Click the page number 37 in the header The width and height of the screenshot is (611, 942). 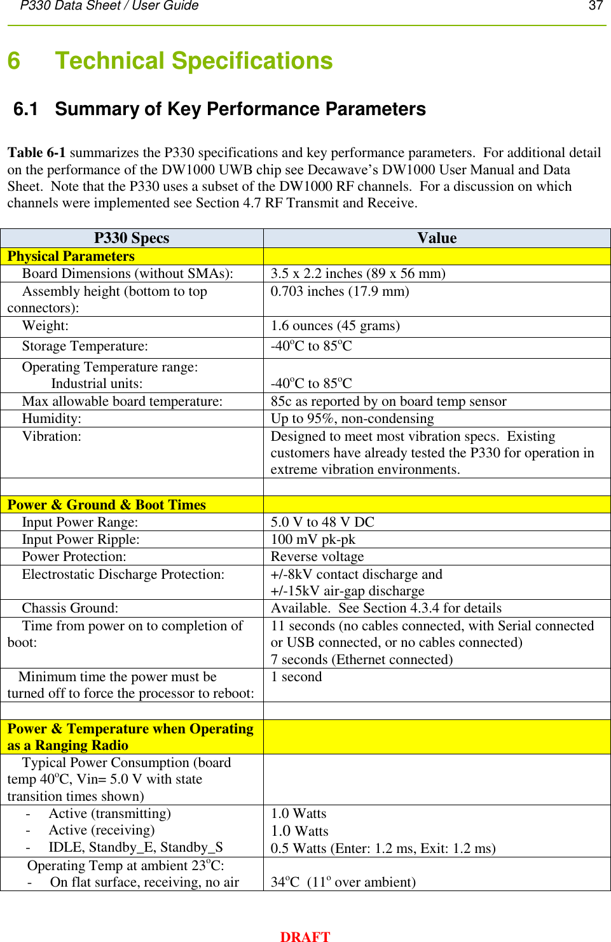pos(596,6)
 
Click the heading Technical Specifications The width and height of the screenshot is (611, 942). pos(193,61)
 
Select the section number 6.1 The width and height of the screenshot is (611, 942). pos(25,109)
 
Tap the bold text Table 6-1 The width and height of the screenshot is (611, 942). pos(36,153)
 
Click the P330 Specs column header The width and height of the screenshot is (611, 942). pos(132,238)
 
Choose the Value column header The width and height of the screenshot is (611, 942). pos(437,238)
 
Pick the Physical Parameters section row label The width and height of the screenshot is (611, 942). pos(71,256)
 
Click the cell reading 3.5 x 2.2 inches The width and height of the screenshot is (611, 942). pos(357,274)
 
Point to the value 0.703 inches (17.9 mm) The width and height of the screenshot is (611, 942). pos(340,291)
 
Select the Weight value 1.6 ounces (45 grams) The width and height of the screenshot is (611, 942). pos(335,326)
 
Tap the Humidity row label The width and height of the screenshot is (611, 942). pos(51,419)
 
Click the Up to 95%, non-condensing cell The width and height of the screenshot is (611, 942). pos(352,419)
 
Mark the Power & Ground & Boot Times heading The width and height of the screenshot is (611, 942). pos(106,505)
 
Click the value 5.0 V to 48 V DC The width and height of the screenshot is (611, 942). pos(322,522)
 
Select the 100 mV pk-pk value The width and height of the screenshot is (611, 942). pos(313,539)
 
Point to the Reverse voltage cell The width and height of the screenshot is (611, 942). pos(317,557)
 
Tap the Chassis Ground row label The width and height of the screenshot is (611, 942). pos(70,608)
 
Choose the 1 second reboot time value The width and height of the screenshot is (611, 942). pos(296,677)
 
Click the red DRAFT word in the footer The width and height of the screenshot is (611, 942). pos(305,936)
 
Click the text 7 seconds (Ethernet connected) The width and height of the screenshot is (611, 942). pos(362,660)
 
